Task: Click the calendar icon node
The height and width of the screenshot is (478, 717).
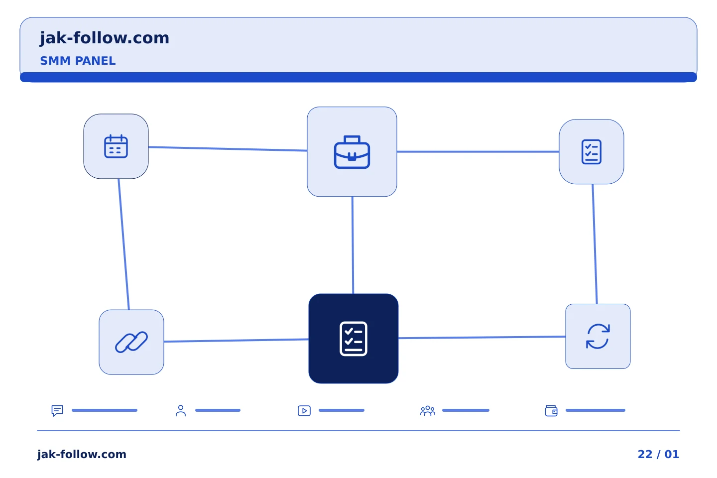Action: (x=116, y=146)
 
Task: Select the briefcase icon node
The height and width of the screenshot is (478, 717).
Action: (x=352, y=152)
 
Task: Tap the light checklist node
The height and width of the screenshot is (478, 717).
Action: (x=592, y=152)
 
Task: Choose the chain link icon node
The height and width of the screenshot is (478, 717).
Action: (x=131, y=342)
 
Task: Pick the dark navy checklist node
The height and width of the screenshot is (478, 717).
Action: (x=354, y=339)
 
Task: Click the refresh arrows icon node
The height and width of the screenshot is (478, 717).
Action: (x=598, y=336)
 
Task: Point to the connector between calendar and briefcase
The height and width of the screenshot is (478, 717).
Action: (x=228, y=149)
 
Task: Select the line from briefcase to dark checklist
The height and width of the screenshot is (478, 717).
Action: (x=353, y=245)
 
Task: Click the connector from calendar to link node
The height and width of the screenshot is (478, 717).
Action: (x=123, y=244)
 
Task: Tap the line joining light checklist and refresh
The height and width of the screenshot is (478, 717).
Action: (x=595, y=244)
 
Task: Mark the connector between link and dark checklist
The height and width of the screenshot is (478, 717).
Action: (x=236, y=341)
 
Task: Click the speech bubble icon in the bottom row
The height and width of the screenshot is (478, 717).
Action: (x=57, y=410)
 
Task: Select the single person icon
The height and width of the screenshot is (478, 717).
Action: (x=181, y=410)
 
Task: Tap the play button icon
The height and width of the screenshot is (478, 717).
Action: (x=304, y=410)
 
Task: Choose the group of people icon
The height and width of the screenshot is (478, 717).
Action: (x=428, y=410)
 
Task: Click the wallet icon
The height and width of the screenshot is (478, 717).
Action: (x=551, y=411)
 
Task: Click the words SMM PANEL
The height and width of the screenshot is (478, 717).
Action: (x=78, y=61)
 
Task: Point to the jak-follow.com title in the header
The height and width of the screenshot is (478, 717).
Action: (x=105, y=38)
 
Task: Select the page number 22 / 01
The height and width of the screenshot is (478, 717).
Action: (x=658, y=454)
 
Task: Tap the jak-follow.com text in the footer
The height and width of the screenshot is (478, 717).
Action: (x=82, y=454)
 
